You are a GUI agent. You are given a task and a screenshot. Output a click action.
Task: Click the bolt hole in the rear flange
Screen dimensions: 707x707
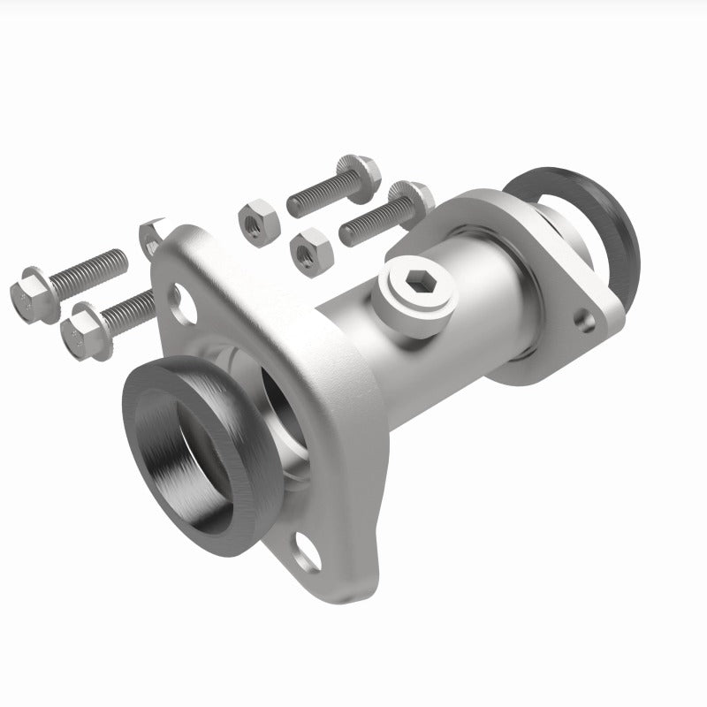pyautogui.click(x=583, y=315)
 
